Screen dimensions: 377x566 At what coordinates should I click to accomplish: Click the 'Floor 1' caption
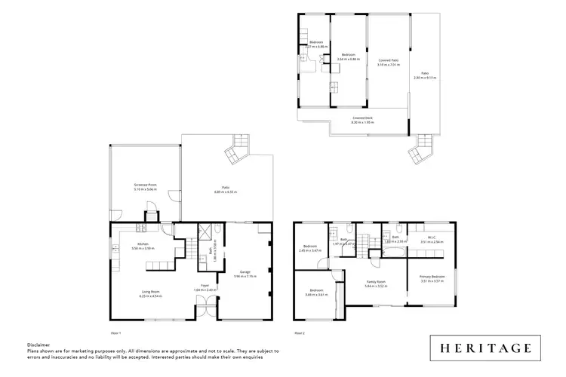tap(115, 333)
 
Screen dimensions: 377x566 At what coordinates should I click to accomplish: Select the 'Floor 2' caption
tap(300, 333)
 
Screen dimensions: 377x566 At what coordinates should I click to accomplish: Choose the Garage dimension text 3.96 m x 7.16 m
tap(245, 275)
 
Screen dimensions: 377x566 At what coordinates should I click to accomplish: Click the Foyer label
tap(205, 286)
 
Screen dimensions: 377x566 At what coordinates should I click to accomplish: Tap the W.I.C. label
tap(428, 238)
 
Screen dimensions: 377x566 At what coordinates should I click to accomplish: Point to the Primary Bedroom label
tap(432, 277)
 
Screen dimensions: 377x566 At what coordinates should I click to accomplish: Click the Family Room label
tap(376, 283)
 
